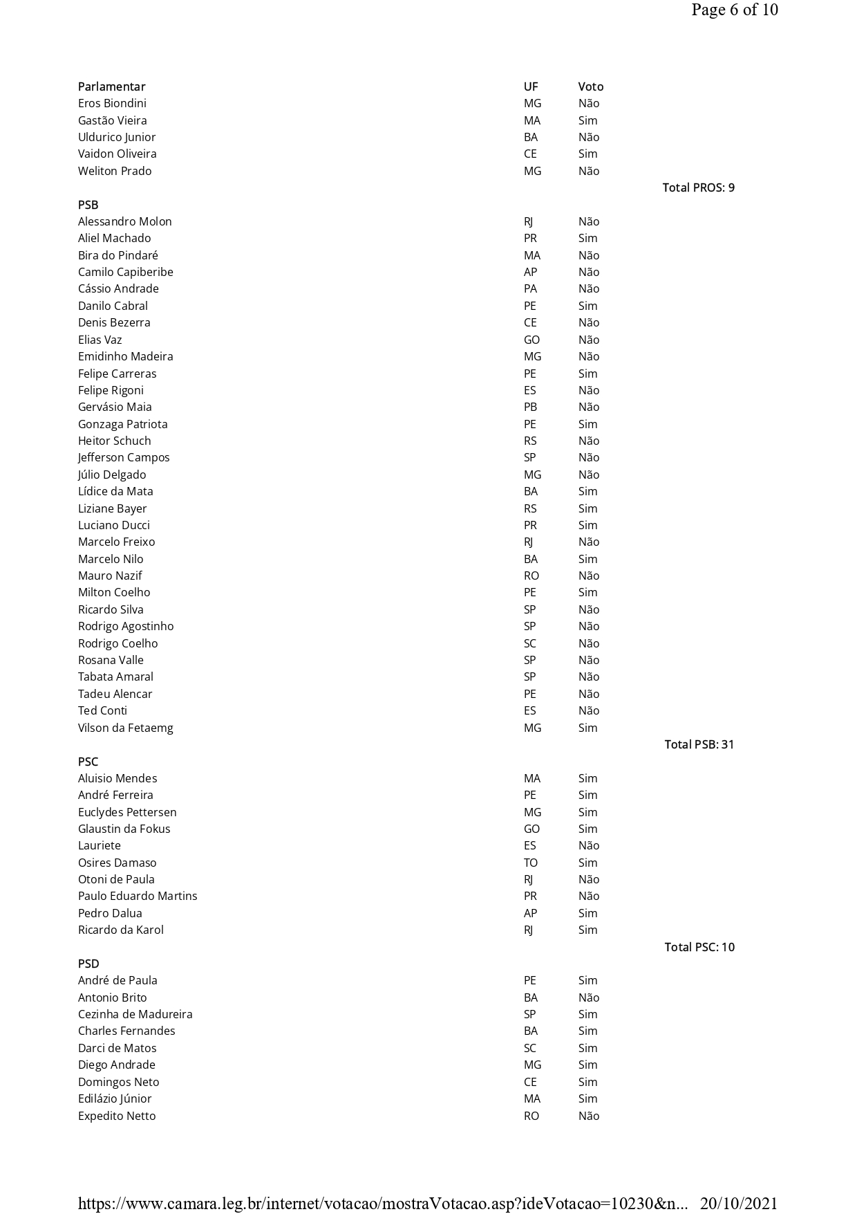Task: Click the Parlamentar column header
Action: [x=111, y=86]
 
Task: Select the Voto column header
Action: [x=590, y=86]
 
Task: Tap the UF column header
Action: [x=530, y=86]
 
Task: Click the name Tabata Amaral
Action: [x=115, y=677]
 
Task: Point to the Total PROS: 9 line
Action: [x=698, y=187]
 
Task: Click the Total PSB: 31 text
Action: [x=699, y=744]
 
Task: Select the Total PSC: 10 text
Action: [x=699, y=947]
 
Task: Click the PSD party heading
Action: [x=88, y=964]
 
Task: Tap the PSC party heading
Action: [x=88, y=762]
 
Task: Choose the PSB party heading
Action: [x=88, y=205]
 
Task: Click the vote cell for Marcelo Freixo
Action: [x=588, y=542]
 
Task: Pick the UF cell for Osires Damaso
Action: [x=530, y=863]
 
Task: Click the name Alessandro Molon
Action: [x=124, y=221]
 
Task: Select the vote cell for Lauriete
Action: [x=588, y=845]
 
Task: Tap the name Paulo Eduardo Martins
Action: [x=138, y=896]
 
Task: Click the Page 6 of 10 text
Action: [x=734, y=10]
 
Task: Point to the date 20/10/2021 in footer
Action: [x=738, y=1203]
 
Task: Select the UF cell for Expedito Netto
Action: [x=531, y=1116]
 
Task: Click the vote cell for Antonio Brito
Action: [x=588, y=997]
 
